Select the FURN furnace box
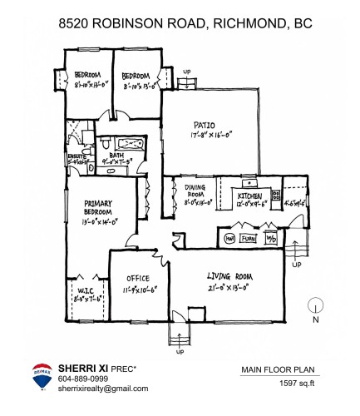point(248,237)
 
